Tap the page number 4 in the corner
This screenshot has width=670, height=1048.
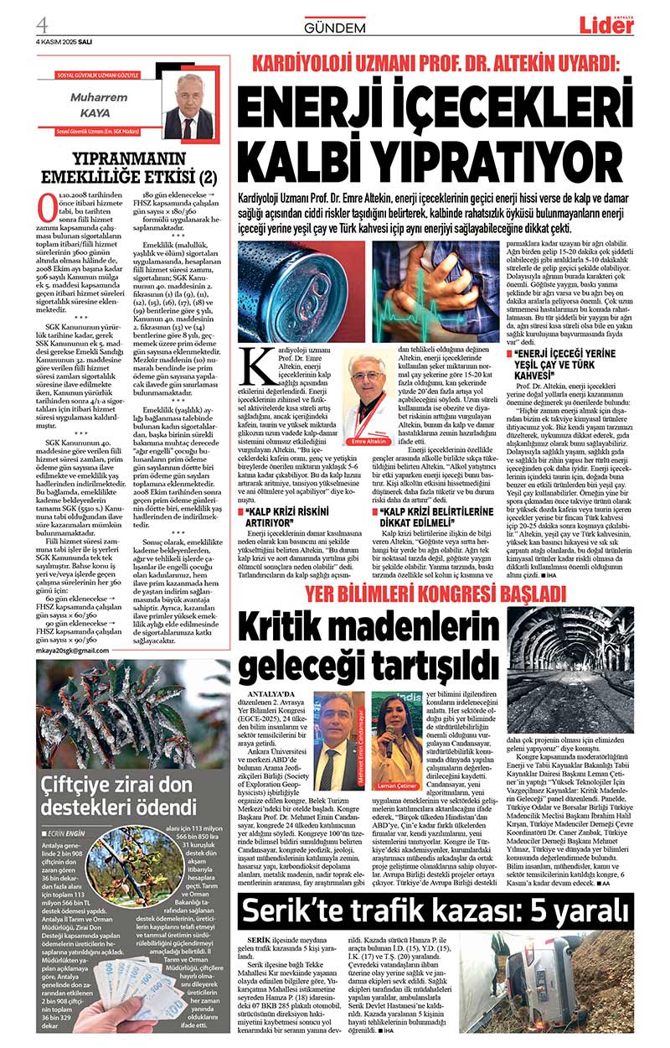[42, 20]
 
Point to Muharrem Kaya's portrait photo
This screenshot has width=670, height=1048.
[186, 109]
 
